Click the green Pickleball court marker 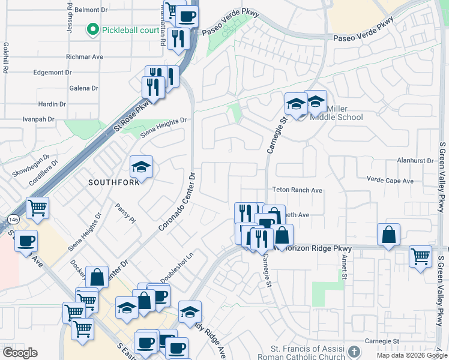92,29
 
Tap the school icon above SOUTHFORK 141,167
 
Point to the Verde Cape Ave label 390,181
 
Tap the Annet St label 345,266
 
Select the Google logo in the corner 20,353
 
